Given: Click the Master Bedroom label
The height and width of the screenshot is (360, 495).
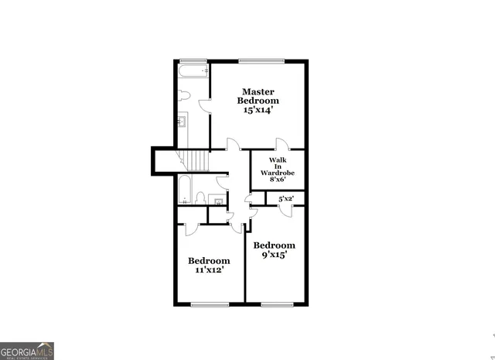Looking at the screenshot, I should click(x=258, y=95).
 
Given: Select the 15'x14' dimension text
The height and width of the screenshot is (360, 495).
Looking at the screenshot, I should click(x=258, y=111).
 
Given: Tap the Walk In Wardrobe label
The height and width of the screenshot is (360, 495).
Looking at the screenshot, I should click(x=278, y=166).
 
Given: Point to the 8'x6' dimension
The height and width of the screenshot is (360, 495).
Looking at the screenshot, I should click(x=278, y=179).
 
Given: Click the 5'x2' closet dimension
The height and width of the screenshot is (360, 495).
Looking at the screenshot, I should click(x=285, y=199).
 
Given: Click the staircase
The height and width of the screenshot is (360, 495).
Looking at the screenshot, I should click(x=197, y=161).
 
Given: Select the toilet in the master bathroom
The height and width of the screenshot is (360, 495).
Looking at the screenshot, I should click(x=183, y=96).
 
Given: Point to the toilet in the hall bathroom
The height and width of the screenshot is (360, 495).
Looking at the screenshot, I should click(x=200, y=198).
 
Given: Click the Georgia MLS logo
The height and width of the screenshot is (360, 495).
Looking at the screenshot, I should click(x=28, y=350).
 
